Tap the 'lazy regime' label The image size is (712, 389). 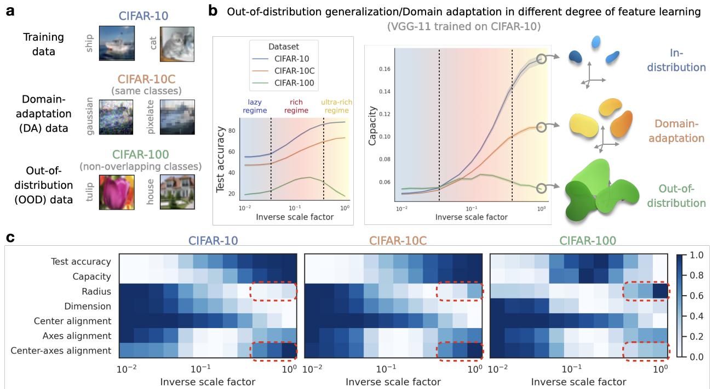pos(255,106)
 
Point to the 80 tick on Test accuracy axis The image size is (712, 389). pos(231,131)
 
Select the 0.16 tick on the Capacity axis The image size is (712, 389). pos(386,69)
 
